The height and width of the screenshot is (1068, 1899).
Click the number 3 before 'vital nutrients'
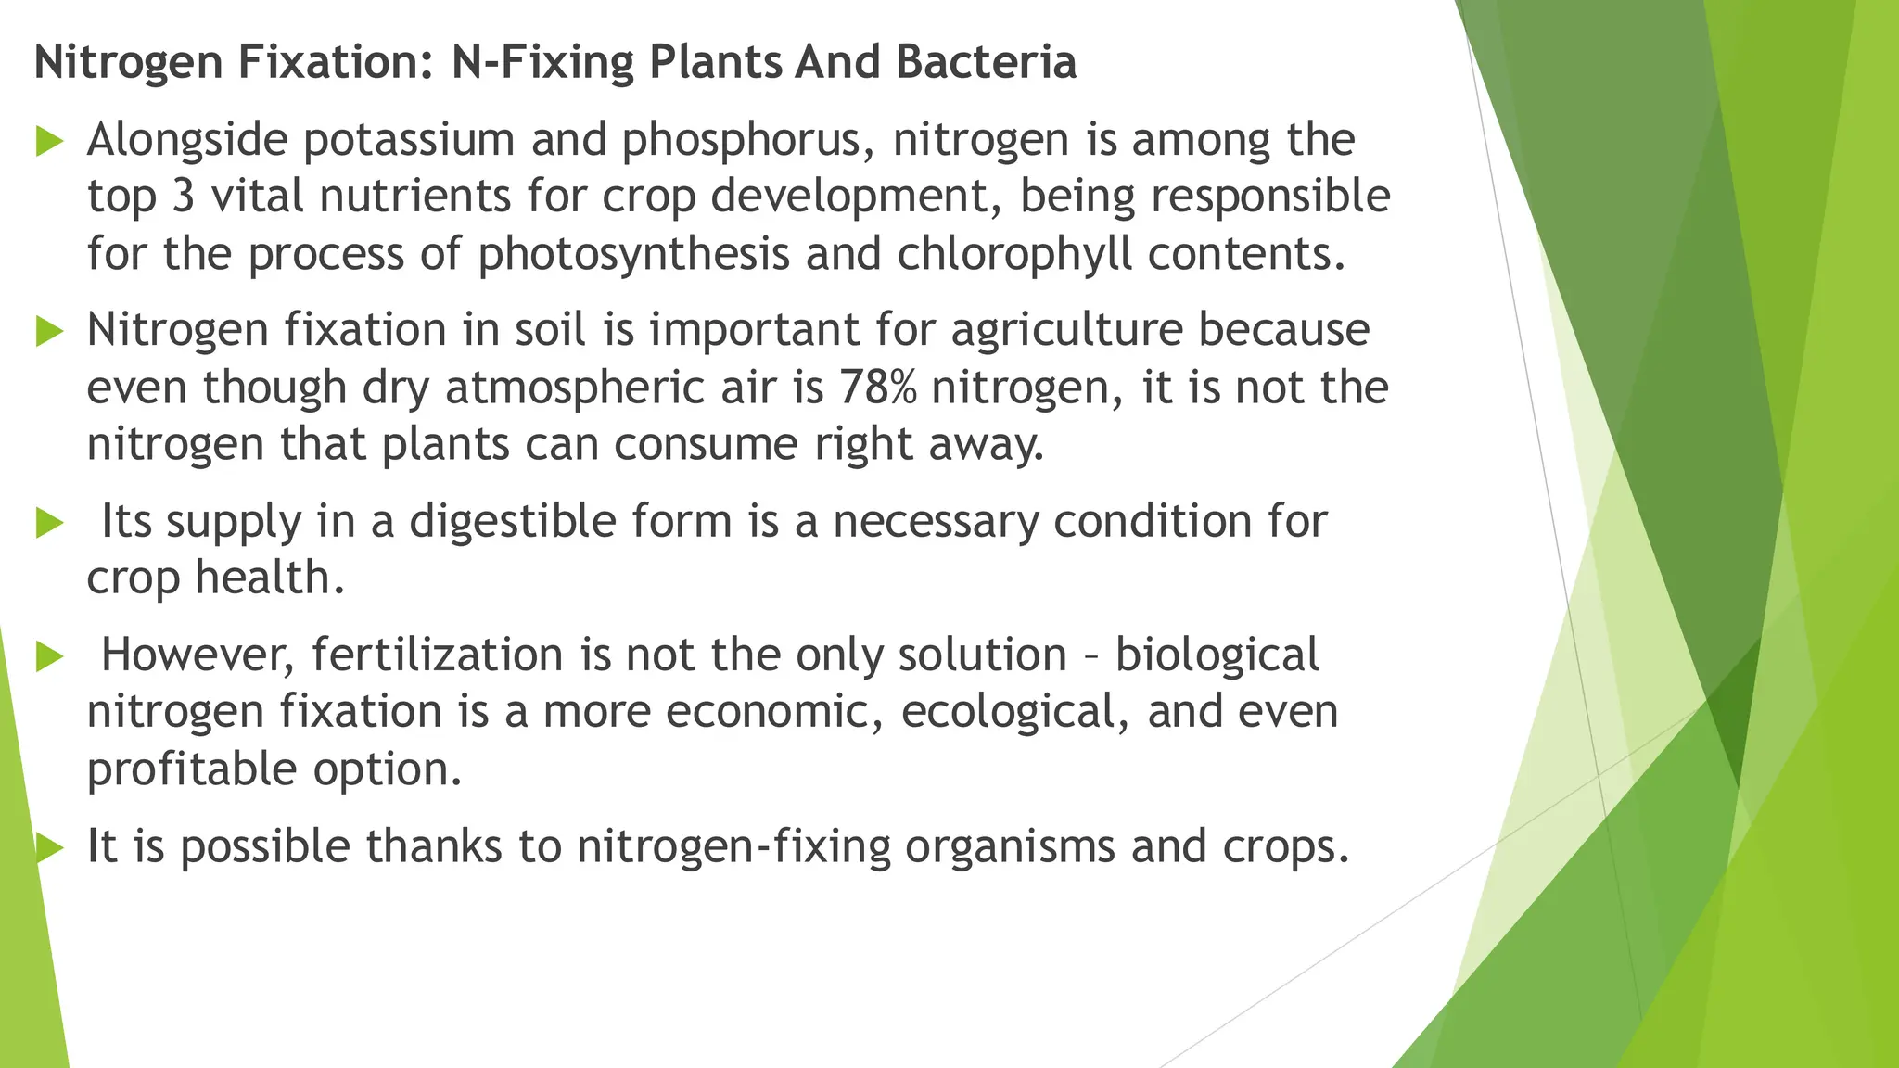click(184, 197)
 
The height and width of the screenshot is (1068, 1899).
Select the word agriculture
click(1066, 331)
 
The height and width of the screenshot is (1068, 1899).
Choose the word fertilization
click(438, 655)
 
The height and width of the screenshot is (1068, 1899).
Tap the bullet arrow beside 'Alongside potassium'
click(49, 142)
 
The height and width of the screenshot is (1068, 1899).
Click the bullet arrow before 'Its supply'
click(49, 523)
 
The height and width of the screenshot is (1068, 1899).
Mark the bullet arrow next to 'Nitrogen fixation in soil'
click(49, 331)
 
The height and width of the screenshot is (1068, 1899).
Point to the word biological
click(1217, 655)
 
